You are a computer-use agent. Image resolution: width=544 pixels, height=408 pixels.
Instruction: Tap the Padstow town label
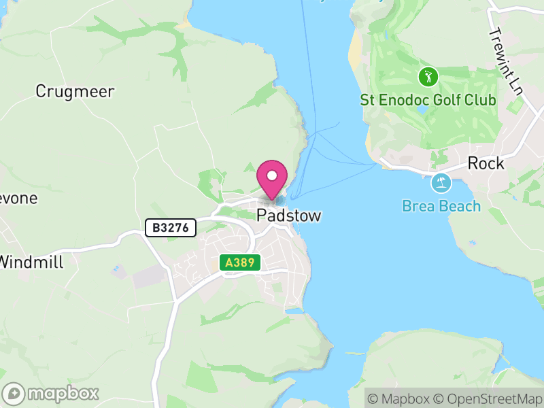288,216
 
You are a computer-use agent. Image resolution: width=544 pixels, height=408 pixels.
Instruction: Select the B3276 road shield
171,227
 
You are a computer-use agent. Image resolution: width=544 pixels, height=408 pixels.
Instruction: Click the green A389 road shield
240,262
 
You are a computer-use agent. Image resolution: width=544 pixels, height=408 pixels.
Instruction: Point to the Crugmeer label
75,92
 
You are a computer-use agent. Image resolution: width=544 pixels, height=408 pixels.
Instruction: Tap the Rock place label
486,163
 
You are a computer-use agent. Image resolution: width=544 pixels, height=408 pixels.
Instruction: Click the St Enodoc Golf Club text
428,101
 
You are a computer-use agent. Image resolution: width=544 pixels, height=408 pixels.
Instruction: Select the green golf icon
428,76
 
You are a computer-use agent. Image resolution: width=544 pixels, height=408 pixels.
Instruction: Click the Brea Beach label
441,206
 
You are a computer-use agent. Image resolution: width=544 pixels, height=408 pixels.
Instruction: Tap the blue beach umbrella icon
441,183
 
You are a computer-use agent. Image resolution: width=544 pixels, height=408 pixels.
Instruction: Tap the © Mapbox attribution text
399,398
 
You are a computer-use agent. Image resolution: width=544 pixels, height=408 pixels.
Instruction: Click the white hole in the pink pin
272,176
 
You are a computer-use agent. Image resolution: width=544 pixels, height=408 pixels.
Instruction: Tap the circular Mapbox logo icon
14,393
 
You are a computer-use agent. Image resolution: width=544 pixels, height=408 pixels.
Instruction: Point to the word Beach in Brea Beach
460,206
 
